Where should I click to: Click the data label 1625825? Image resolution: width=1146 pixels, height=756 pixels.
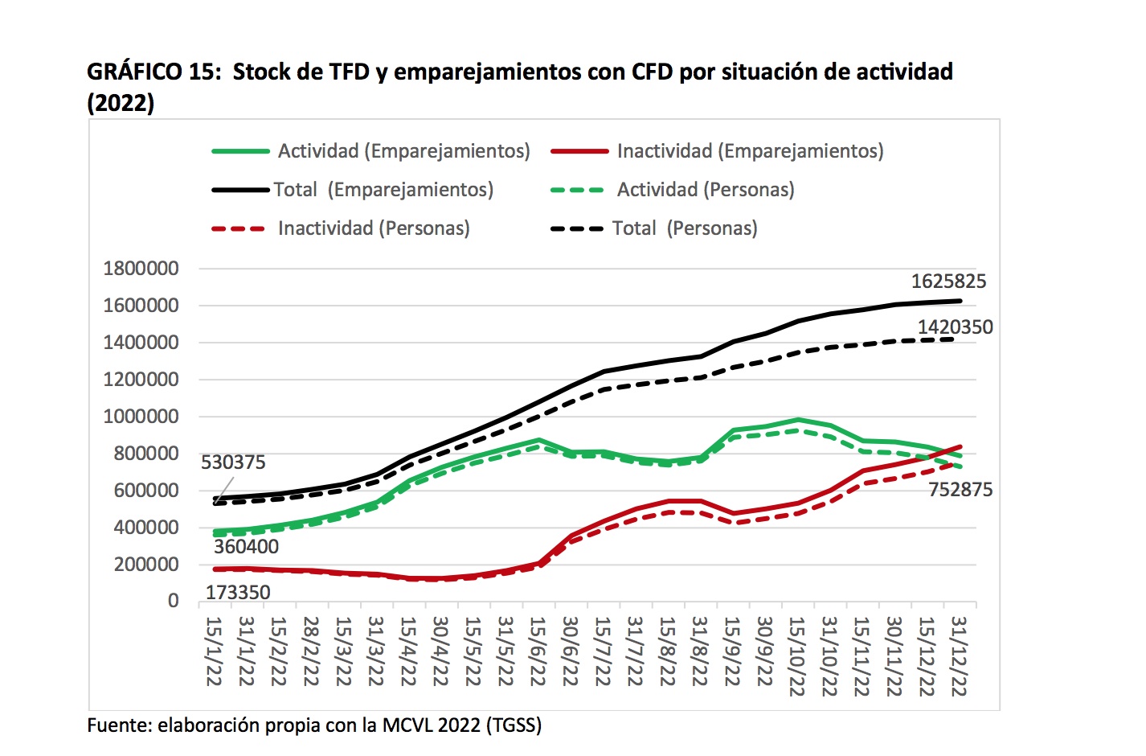(947, 281)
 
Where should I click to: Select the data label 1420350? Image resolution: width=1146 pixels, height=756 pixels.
(955, 327)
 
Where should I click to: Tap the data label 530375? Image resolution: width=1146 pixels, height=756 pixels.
(233, 462)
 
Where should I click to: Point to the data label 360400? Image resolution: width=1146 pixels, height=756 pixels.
(246, 547)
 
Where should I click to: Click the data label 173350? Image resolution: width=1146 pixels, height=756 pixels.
(238, 593)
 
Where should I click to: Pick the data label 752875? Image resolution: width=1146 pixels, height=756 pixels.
(960, 490)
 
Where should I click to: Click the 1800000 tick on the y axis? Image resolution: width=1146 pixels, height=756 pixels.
(141, 269)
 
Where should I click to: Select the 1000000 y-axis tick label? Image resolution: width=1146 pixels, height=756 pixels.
(141, 417)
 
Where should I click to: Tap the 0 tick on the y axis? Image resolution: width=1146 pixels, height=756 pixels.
(173, 601)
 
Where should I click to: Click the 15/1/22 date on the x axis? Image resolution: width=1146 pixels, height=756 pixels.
(214, 651)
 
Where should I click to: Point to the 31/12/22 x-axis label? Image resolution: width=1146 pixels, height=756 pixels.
(959, 655)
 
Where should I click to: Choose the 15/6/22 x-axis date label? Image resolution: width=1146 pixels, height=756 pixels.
(538, 651)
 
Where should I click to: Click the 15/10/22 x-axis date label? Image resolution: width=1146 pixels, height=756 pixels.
(796, 655)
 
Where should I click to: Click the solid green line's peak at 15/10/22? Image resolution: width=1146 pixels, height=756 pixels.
(797, 420)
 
